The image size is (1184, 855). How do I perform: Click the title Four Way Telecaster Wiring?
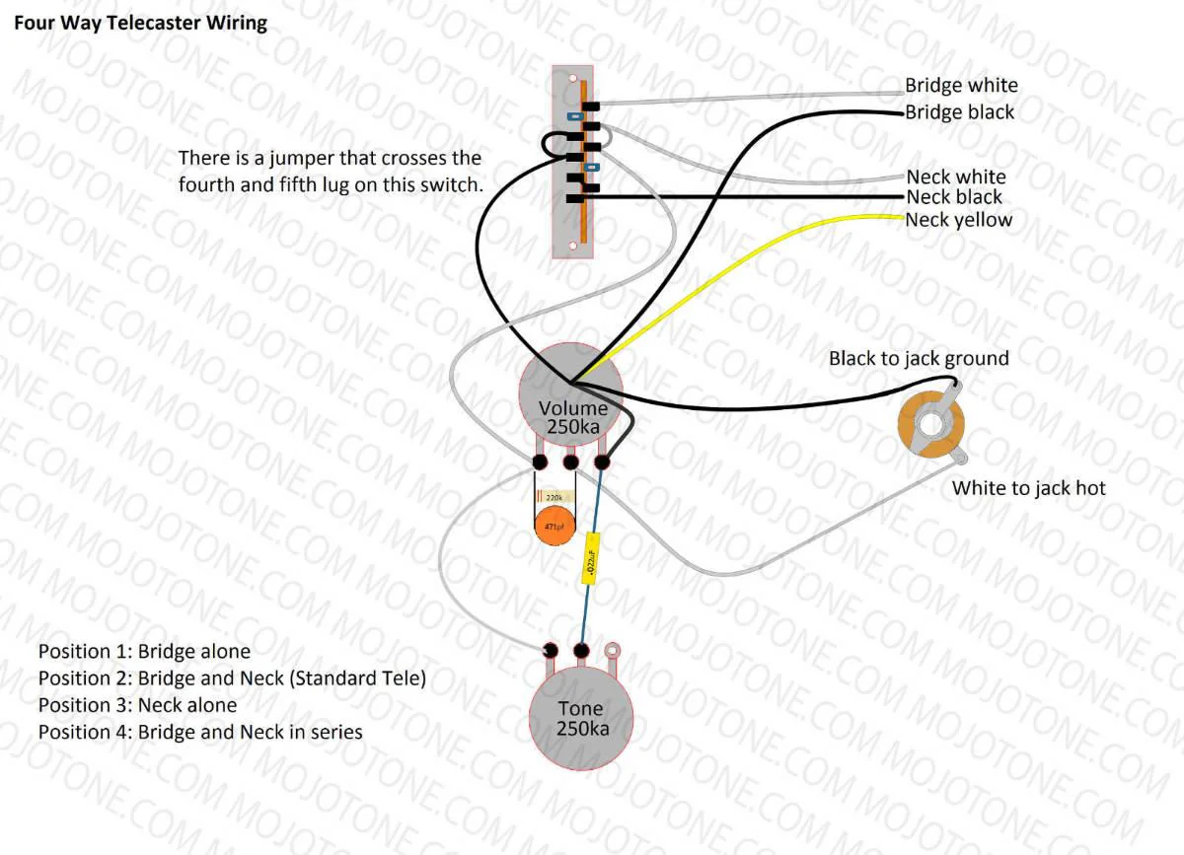pyautogui.click(x=139, y=22)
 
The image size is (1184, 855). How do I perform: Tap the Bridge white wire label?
pyautogui.click(x=960, y=86)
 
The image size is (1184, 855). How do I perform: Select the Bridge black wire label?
pyautogui.click(x=959, y=112)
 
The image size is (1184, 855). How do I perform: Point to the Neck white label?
pyautogui.click(x=955, y=177)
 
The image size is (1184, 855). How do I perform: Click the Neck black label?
pyautogui.click(x=954, y=197)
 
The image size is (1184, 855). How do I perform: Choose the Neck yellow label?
pyautogui.click(x=958, y=220)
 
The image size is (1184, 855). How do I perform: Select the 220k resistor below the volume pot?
pyautogui.click(x=555, y=499)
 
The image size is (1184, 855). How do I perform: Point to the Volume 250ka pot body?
pyautogui.click(x=572, y=394)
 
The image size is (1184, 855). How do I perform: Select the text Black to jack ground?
pyautogui.click(x=918, y=358)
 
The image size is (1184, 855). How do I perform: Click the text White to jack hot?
pyautogui.click(x=1028, y=488)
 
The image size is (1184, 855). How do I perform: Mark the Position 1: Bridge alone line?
pyautogui.click(x=144, y=652)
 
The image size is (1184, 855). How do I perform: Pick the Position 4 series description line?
pyautogui.click(x=200, y=732)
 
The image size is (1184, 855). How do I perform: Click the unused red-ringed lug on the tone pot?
pyautogui.click(x=613, y=650)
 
